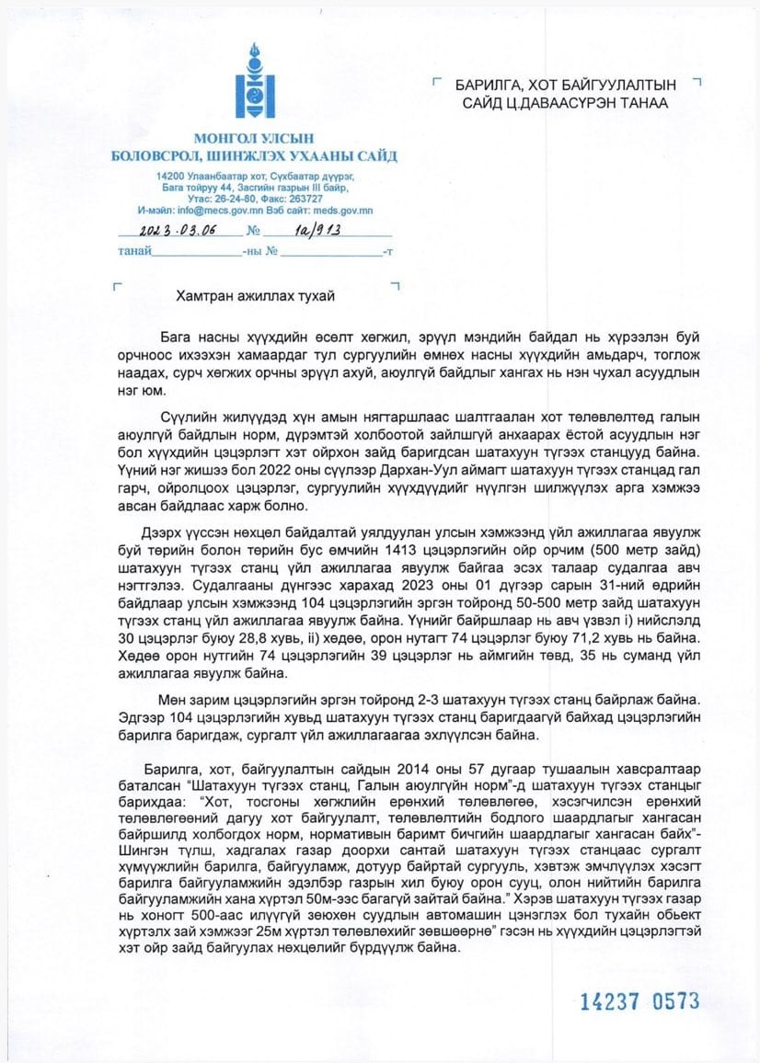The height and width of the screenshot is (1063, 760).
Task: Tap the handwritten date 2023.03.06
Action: click(172, 231)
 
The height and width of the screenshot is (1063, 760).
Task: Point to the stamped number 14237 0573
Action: click(639, 1001)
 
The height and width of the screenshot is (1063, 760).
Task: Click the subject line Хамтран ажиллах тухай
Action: click(255, 296)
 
